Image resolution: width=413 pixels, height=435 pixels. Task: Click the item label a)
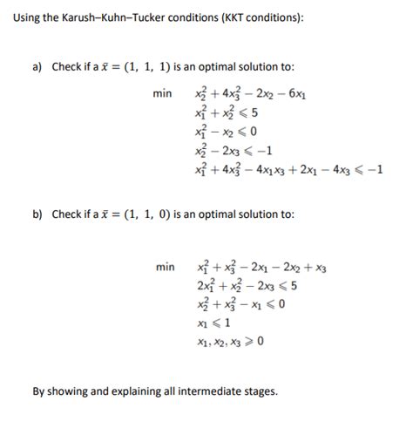click(x=37, y=67)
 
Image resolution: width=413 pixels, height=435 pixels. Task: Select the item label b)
click(x=37, y=214)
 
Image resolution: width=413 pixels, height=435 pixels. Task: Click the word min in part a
click(x=162, y=92)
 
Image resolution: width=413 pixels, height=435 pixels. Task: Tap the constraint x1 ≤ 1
click(x=214, y=320)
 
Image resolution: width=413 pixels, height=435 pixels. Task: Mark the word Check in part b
click(x=66, y=214)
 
